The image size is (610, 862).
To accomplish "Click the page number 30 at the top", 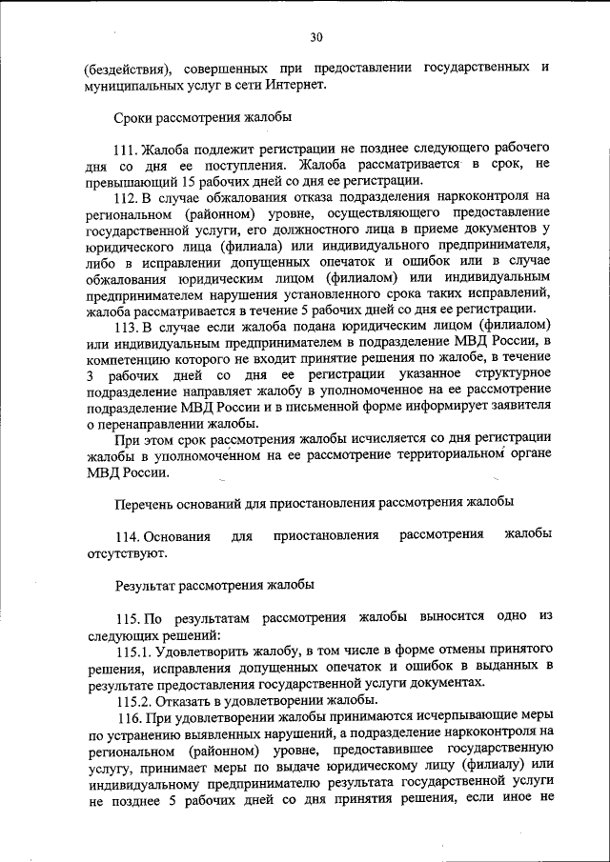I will click(x=316, y=37).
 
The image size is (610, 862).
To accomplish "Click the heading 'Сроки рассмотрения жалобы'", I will click(x=202, y=117).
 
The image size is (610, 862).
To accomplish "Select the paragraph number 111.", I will click(x=126, y=150).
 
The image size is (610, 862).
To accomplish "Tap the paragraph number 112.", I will click(x=126, y=197).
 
